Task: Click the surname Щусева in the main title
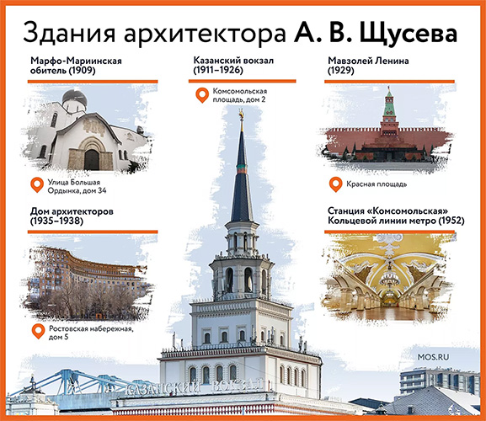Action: pyautogui.click(x=408, y=33)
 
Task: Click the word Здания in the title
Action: pyautogui.click(x=68, y=33)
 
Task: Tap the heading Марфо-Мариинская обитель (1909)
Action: pyautogui.click(x=76, y=65)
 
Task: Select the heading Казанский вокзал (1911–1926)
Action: pyautogui.click(x=233, y=65)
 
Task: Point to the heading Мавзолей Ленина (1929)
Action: pyautogui.click(x=368, y=65)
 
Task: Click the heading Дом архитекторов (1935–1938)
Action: pyautogui.click(x=72, y=216)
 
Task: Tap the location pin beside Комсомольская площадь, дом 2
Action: pyautogui.click(x=202, y=95)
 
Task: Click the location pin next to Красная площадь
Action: pyautogui.click(x=336, y=184)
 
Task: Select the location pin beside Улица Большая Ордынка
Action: pyautogui.click(x=37, y=185)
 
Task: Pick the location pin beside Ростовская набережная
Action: pyautogui.click(x=39, y=331)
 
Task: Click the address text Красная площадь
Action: pyautogui.click(x=377, y=184)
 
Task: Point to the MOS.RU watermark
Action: pyautogui.click(x=433, y=357)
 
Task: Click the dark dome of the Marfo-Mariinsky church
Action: pyautogui.click(x=74, y=97)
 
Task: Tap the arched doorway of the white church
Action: pyautogui.click(x=92, y=159)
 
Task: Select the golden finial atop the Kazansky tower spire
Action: pyautogui.click(x=241, y=118)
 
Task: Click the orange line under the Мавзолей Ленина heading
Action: pyautogui.click(x=390, y=82)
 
